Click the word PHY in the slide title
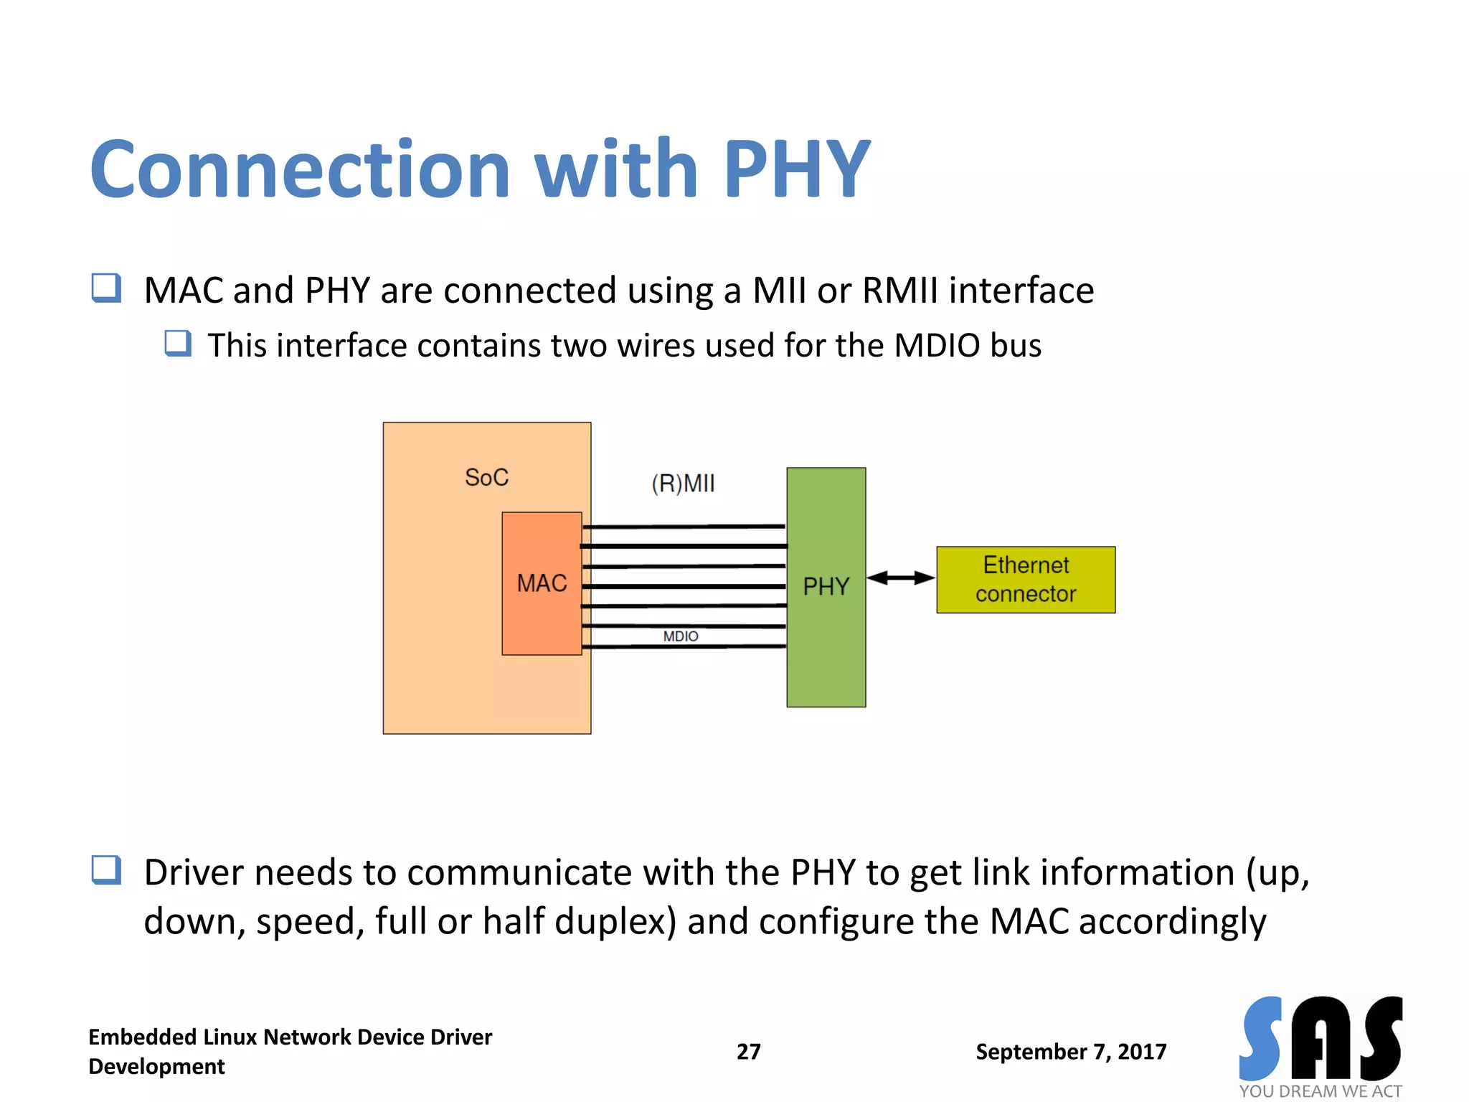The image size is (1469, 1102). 797,169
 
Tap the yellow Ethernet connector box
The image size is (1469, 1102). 1025,579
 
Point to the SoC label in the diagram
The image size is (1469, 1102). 486,477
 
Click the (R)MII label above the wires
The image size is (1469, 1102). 683,484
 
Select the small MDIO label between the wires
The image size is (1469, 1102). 680,636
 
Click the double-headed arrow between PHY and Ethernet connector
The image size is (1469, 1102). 901,578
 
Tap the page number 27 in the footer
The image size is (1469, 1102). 748,1051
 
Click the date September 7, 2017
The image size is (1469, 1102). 1070,1051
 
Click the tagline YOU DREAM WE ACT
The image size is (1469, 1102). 1320,1091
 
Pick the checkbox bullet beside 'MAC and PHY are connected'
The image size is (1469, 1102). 106,288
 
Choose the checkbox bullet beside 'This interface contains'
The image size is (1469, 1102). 178,344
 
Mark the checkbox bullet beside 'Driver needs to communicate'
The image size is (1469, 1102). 106,870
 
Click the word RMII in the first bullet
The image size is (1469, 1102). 899,291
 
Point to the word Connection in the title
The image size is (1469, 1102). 300,169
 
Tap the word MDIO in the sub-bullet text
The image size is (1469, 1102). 937,345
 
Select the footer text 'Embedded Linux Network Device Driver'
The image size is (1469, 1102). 290,1037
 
